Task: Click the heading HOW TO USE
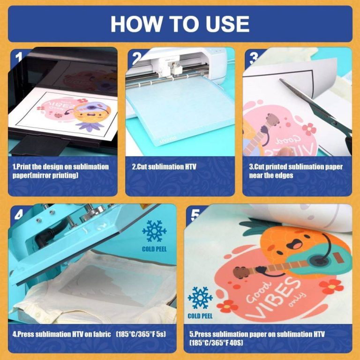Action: [x=180, y=24]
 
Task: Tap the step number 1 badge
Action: [x=18, y=57]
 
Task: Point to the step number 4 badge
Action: [x=18, y=215]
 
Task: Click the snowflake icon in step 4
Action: [x=154, y=231]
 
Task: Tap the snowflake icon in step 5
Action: [x=200, y=298]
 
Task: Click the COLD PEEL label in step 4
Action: [x=154, y=249]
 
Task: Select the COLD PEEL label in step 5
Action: [x=200, y=316]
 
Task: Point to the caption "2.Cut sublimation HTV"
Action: [x=164, y=167]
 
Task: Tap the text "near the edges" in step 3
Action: [x=271, y=175]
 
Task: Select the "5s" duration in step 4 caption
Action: [x=161, y=334]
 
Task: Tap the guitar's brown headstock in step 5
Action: [x=241, y=272]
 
